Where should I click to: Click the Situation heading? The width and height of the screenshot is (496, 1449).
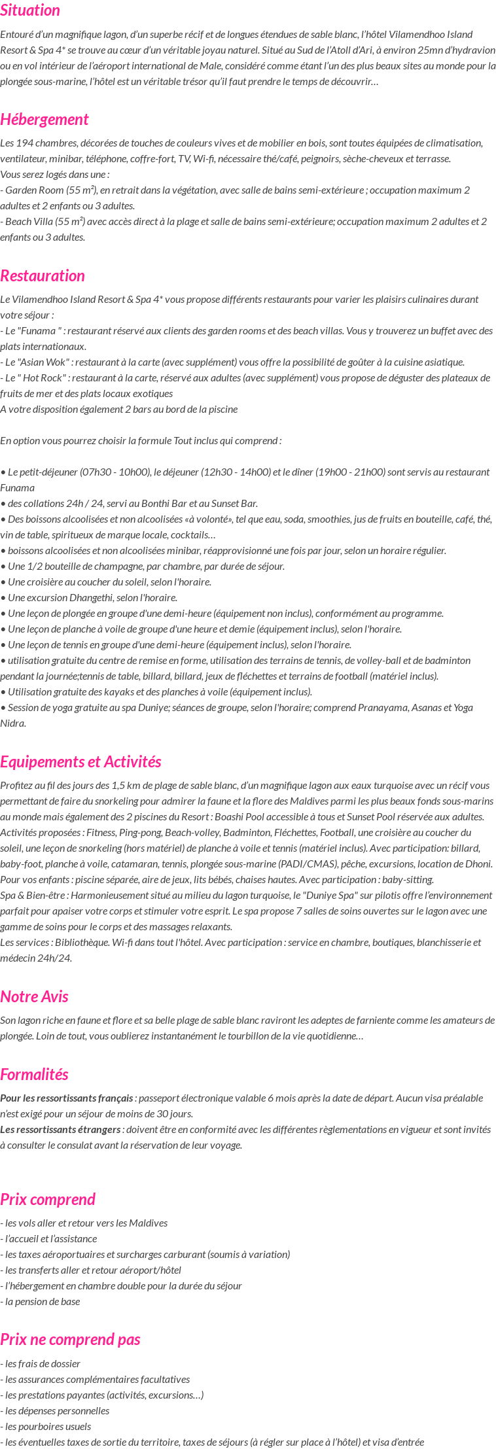click(x=30, y=10)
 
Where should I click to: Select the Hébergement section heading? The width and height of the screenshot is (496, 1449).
click(x=44, y=120)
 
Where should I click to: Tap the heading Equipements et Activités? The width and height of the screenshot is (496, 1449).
click(x=80, y=762)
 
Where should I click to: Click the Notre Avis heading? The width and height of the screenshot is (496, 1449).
click(x=35, y=997)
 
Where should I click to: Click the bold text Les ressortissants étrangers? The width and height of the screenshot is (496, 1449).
click(x=60, y=1130)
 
